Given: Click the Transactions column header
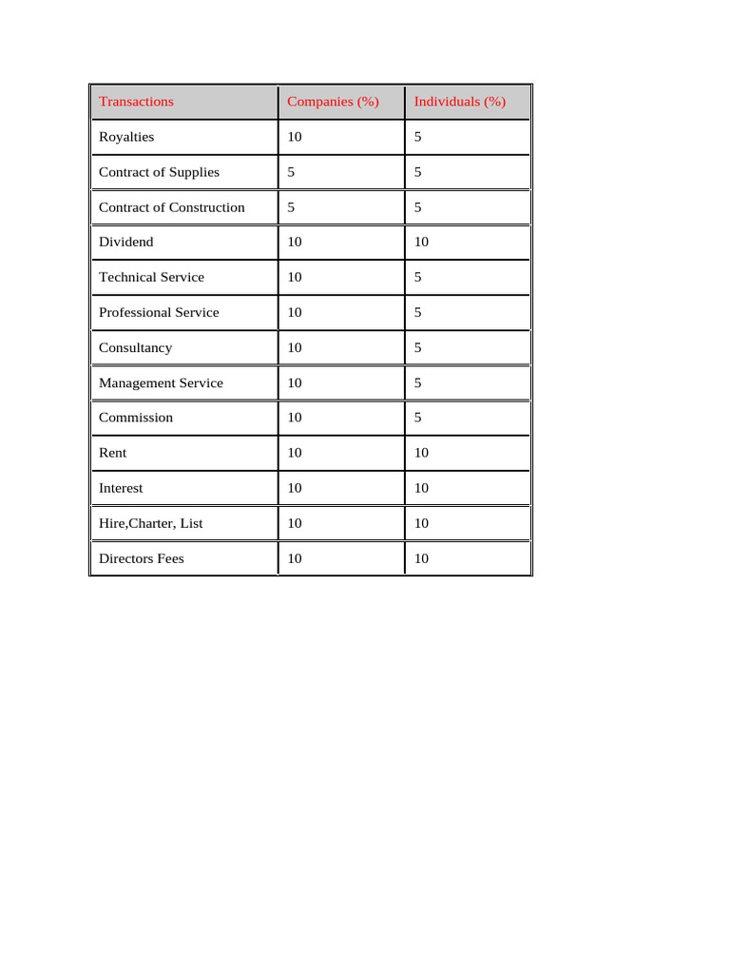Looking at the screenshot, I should [136, 102].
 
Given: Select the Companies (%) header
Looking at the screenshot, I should [333, 102].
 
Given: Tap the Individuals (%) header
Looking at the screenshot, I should [460, 102].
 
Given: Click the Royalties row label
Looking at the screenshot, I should [126, 137].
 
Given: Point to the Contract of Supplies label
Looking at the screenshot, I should [159, 172].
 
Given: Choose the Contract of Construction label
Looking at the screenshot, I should [172, 207].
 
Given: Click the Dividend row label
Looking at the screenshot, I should [125, 243].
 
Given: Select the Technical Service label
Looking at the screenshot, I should [151, 278].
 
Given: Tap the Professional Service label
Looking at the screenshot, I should [159, 313].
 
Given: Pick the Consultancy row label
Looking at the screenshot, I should [136, 348].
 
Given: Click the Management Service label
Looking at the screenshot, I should [161, 383].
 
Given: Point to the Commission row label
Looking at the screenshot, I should [136, 418].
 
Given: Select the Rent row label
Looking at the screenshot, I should [112, 453].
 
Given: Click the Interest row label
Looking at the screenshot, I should [121, 488].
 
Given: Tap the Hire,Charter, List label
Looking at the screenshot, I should [150, 523].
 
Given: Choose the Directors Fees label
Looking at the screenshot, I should [142, 558].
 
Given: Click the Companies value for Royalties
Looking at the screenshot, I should [295, 137].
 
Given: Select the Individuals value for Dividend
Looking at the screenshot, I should [422, 243].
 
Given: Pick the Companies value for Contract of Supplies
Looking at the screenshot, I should [291, 172].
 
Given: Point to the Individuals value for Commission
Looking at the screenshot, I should [418, 418].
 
